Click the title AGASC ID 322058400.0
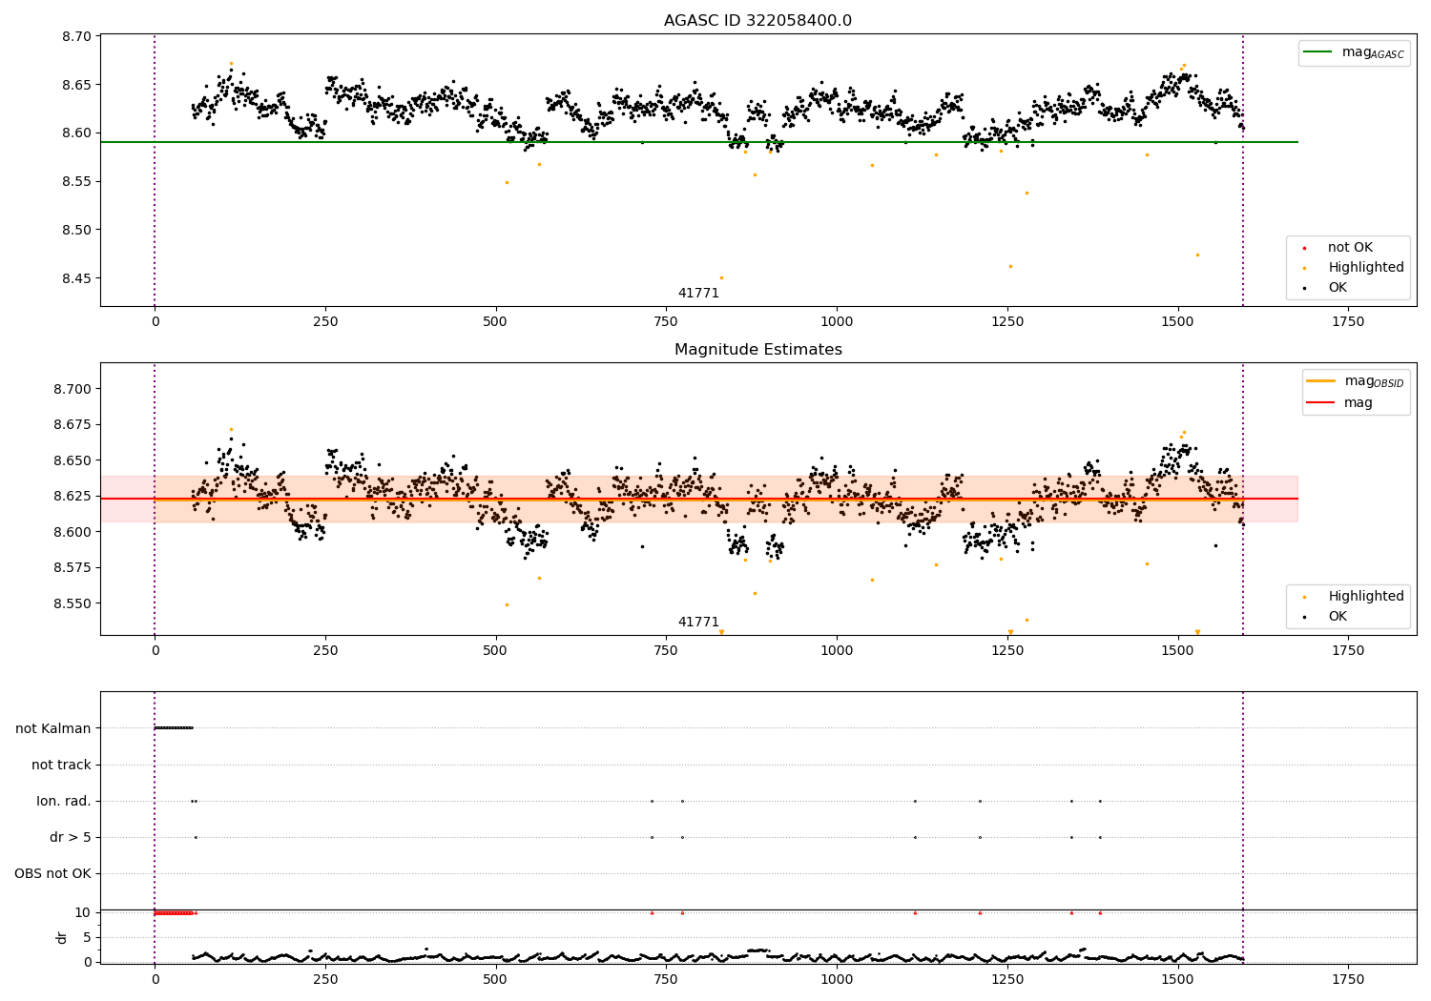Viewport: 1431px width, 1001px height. pos(757,20)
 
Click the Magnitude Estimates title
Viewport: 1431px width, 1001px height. pos(758,349)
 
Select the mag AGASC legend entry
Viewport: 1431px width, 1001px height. pos(1355,52)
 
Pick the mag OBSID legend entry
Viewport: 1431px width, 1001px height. pos(1356,381)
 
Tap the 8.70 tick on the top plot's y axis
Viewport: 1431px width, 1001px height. pos(76,36)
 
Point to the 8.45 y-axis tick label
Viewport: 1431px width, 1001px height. pos(76,278)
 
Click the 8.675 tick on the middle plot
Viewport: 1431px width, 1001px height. pos(73,424)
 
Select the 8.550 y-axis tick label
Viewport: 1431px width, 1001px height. pos(73,603)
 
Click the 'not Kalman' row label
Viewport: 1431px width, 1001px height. pos(53,728)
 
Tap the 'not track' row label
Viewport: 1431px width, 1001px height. pos(61,765)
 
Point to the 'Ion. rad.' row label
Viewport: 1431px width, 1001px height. pos(64,801)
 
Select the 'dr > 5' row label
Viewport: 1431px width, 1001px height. pos(71,838)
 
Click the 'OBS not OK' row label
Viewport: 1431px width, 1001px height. pos(53,873)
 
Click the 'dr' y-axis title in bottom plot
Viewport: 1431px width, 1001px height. pos(61,938)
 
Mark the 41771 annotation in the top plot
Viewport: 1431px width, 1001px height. pos(698,293)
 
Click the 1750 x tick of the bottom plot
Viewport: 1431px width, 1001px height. pos(1348,979)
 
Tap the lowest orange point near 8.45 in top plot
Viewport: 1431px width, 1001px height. pos(722,277)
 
